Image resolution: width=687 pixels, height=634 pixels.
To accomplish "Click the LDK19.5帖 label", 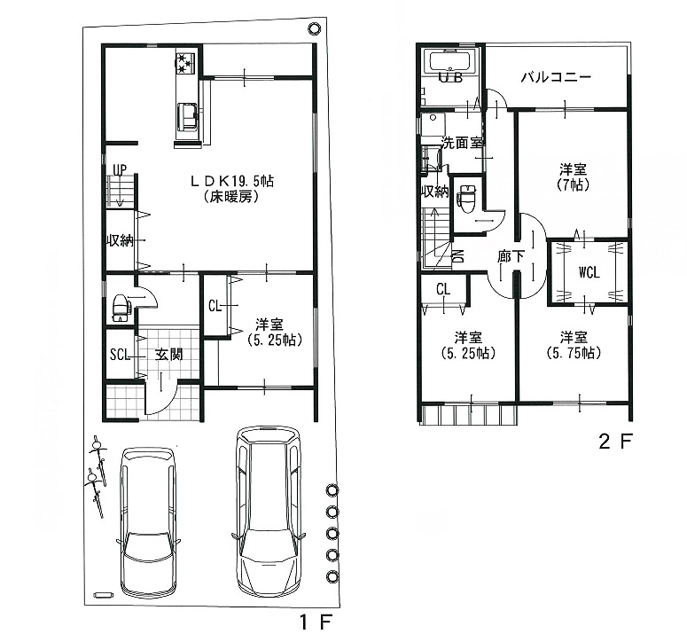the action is click(231, 181).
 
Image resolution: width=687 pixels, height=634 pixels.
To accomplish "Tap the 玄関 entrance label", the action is click(168, 354).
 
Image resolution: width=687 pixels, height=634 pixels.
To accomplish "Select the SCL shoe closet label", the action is click(120, 354).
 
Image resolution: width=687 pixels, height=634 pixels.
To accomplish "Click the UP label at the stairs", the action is click(120, 169).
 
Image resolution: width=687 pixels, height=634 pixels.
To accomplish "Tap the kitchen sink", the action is click(189, 116).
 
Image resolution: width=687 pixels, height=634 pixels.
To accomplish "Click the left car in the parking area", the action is click(150, 520).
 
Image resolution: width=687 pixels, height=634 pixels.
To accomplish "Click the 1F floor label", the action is click(316, 622).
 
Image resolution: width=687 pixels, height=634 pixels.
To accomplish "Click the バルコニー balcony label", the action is click(556, 77).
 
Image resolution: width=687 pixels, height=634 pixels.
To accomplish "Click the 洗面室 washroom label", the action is click(461, 143).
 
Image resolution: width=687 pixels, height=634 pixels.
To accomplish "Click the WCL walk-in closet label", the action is click(589, 273).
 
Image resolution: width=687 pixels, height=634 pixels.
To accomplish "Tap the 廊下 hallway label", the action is click(511, 256).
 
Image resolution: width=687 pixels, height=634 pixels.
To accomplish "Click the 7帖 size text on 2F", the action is click(573, 185).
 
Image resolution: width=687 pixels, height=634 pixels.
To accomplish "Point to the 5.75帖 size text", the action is click(573, 353).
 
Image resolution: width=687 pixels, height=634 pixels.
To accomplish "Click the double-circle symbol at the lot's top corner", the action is click(313, 28).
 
